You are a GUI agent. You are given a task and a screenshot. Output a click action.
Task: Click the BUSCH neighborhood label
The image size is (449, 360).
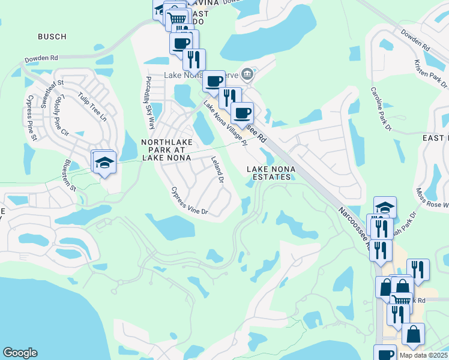click(52, 37)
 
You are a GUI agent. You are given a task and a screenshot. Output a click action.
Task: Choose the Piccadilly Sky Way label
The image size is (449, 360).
click(148, 102)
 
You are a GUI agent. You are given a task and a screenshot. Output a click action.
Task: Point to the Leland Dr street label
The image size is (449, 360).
click(217, 170)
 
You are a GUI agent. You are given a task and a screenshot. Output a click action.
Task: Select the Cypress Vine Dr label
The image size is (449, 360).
click(188, 201)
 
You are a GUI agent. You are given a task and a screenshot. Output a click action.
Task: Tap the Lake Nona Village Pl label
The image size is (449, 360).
click(225, 123)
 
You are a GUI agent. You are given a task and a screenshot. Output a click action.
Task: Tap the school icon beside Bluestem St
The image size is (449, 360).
click(104, 164)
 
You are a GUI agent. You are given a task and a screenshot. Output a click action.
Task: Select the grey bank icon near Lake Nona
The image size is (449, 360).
click(247, 75)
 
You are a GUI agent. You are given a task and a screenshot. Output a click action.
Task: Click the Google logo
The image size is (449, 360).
click(20, 353)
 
